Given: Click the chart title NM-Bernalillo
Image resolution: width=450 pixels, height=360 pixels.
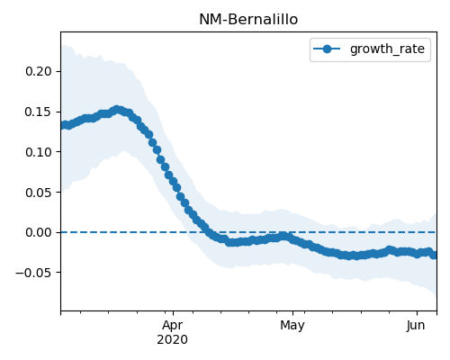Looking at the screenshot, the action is [x=248, y=20].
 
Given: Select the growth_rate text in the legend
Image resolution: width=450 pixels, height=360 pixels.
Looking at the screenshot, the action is [x=387, y=49].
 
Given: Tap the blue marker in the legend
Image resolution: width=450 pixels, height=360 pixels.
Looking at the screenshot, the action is [x=327, y=49].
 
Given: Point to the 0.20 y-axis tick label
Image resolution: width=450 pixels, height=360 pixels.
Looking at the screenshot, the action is [x=39, y=71].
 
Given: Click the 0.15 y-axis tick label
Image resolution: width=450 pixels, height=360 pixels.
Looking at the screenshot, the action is [x=39, y=112].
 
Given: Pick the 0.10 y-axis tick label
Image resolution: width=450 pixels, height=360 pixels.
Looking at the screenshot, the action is [x=39, y=152].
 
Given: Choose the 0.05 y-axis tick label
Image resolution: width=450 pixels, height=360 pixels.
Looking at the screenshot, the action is [x=39, y=192].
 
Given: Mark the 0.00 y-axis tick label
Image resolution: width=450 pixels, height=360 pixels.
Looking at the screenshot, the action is [x=39, y=232].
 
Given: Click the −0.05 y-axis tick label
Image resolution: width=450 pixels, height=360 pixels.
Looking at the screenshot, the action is [x=33, y=273].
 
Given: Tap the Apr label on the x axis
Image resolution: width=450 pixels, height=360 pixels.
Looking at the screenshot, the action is [x=173, y=326].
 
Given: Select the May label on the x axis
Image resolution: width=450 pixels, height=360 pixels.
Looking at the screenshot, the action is [x=292, y=326].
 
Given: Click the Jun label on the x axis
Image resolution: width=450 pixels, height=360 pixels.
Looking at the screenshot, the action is [x=416, y=326].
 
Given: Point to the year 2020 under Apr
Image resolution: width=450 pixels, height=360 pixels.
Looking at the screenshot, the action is [x=173, y=339].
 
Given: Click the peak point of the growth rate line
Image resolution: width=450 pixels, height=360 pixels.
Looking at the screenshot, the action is [x=117, y=110].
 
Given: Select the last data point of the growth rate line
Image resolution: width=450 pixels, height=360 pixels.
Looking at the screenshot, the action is [x=433, y=255].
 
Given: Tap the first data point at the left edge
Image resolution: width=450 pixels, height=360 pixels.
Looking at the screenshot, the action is [x=63, y=125].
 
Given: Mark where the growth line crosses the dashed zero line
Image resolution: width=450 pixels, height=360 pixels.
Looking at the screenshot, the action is [x=208, y=232].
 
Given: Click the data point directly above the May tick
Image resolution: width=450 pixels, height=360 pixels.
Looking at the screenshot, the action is [x=292, y=239].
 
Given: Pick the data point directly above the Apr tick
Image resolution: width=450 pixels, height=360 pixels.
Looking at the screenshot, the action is [x=173, y=181].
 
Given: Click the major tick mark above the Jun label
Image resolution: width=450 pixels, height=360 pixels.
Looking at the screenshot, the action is [x=417, y=313].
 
